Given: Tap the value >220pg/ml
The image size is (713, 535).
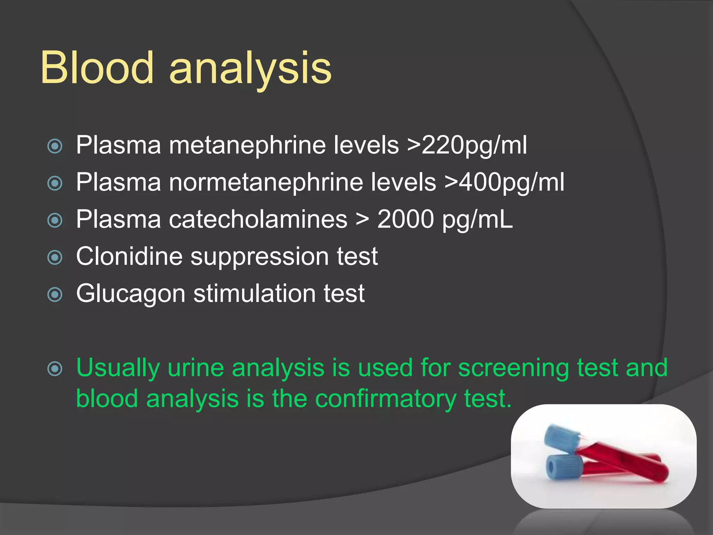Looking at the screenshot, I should pyautogui.click(x=467, y=145).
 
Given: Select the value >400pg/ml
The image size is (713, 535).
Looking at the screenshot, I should pyautogui.click(x=504, y=182).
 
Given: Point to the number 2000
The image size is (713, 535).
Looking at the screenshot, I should pyautogui.click(x=406, y=219).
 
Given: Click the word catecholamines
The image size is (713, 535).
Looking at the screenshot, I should pyautogui.click(x=258, y=219).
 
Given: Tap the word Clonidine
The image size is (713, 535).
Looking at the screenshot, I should pyautogui.click(x=129, y=256).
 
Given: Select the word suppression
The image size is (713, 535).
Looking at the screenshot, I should pyautogui.click(x=259, y=257).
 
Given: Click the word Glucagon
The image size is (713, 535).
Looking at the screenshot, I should pyautogui.click(x=131, y=294).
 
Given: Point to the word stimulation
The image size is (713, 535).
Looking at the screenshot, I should pyautogui.click(x=254, y=294).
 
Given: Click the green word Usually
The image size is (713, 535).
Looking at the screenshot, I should pyautogui.click(x=118, y=368).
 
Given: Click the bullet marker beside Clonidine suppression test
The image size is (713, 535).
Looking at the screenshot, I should pyautogui.click(x=55, y=257).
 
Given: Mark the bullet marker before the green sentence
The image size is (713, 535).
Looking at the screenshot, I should pyautogui.click(x=55, y=369).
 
